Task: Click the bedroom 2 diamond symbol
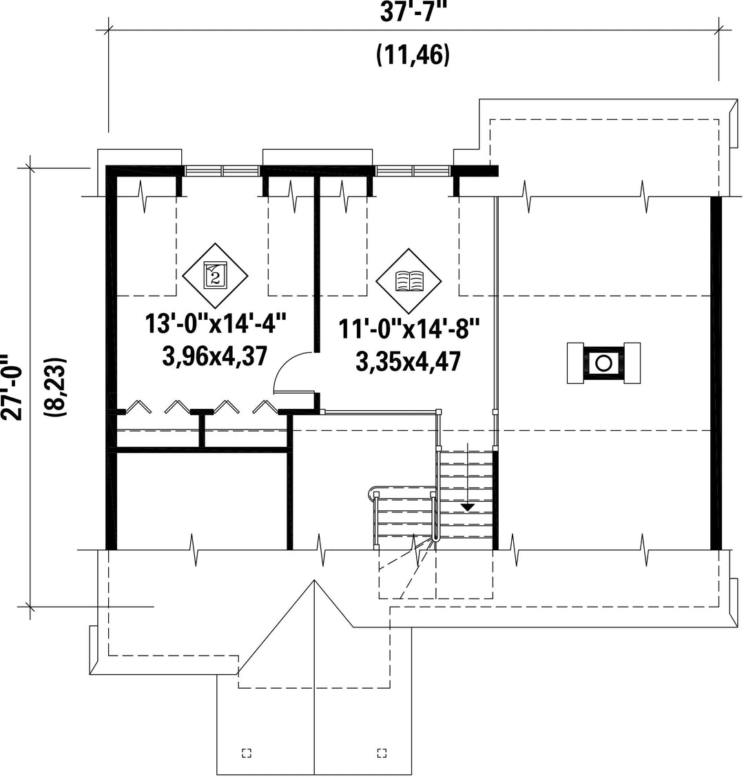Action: pos(215,275)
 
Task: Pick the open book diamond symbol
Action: pos(409,281)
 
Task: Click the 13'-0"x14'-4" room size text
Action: pos(216,324)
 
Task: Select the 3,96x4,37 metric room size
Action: pos(215,356)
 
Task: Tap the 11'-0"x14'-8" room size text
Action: pos(409,329)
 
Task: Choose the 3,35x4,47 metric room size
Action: pos(409,361)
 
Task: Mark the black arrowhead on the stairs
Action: pos(468,507)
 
